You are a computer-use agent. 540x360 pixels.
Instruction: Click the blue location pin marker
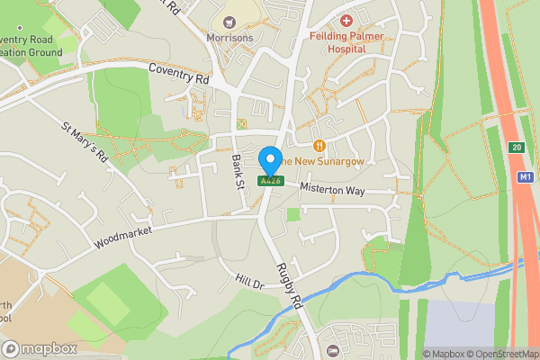click(269, 161)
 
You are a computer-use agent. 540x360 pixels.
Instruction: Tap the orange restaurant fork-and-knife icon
click(319, 146)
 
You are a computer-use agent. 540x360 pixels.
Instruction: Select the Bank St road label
click(238, 170)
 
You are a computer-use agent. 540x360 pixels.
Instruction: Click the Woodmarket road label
click(122, 237)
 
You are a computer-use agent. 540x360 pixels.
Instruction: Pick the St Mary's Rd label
click(85, 141)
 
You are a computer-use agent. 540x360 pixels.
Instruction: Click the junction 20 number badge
click(515, 148)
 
